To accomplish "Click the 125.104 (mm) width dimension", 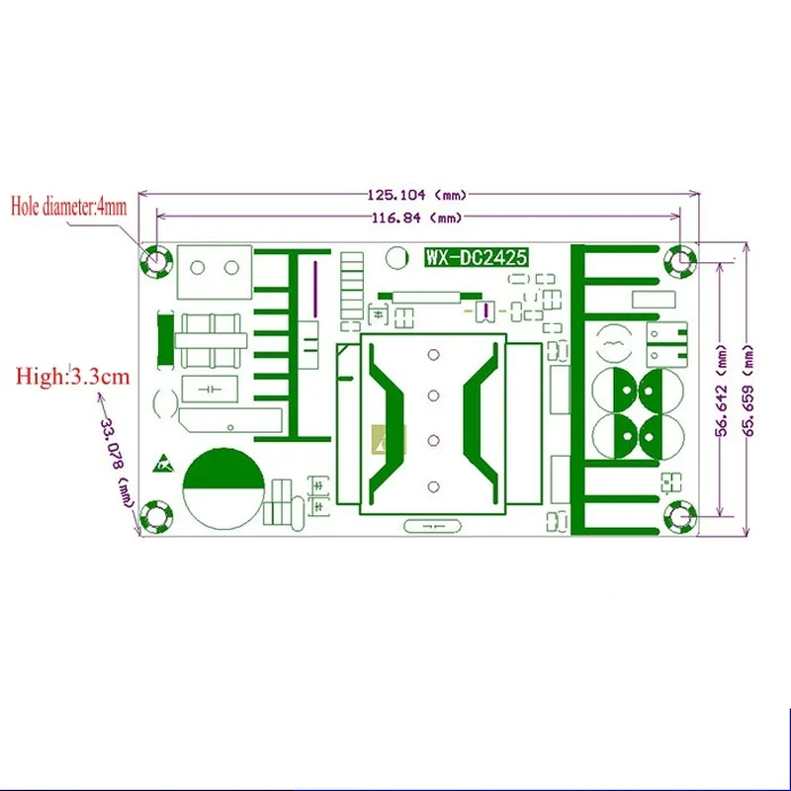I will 417,194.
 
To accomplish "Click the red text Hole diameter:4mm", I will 69,207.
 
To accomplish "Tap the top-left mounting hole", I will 156,260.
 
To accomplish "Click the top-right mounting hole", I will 681,260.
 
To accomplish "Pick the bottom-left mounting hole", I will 156,515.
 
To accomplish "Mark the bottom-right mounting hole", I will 681,515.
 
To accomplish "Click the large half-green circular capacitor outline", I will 223,483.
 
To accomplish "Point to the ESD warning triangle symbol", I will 162,462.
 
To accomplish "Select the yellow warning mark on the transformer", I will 381,442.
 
